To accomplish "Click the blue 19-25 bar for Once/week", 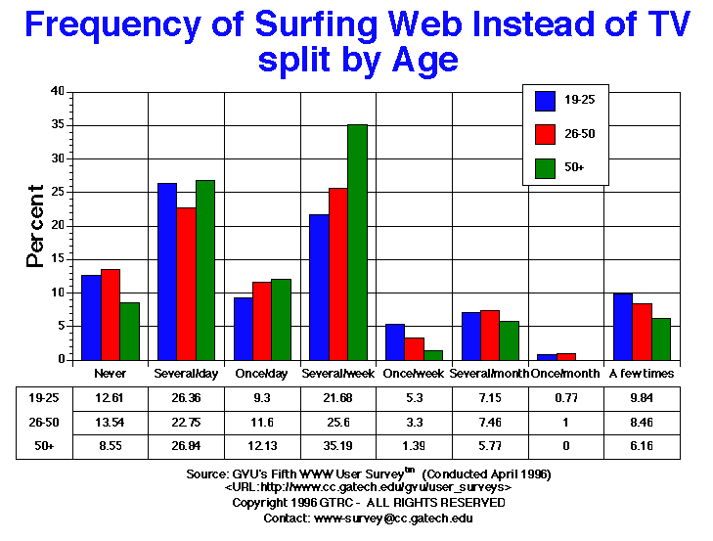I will [395, 341].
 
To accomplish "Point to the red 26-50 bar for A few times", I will [642, 332].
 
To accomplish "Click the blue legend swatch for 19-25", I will [546, 101].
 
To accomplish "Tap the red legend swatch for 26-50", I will [546, 134].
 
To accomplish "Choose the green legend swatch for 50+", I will [546, 168].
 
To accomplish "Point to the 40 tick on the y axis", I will [58, 92].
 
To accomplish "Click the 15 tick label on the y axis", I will [58, 259].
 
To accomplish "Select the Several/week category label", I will [338, 374].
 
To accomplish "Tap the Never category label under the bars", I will [110, 374].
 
